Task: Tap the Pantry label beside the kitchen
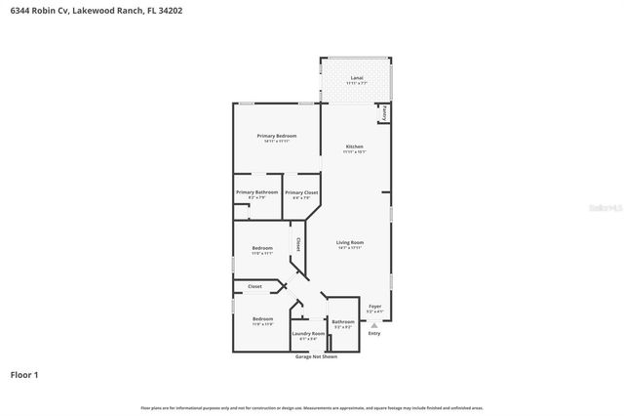(385, 113)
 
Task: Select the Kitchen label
(354, 146)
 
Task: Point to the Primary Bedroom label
(276, 136)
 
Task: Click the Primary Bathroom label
(256, 192)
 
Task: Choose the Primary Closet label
(301, 193)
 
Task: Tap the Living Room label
(350, 242)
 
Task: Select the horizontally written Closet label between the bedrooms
(254, 286)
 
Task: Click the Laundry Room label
(308, 333)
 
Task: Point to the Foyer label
(374, 306)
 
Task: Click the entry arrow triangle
(373, 324)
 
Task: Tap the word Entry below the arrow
(374, 334)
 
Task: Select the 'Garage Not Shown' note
(316, 356)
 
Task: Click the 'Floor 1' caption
(25, 375)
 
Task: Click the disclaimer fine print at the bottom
(312, 407)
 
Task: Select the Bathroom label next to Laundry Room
(342, 321)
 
